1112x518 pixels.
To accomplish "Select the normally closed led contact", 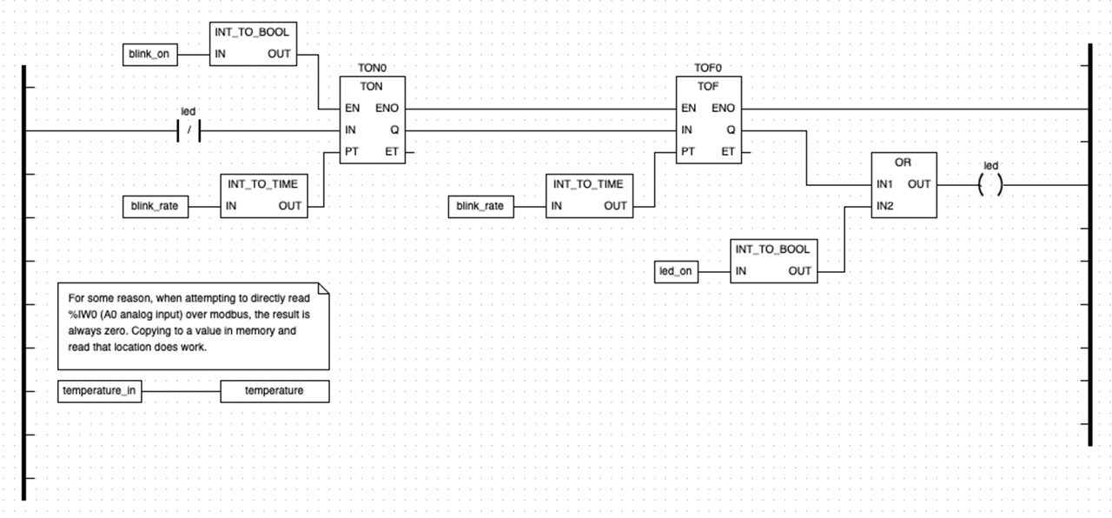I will pyautogui.click(x=189, y=131).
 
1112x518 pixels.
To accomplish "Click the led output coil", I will pyautogui.click(x=990, y=184).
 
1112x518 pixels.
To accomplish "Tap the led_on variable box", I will pyautogui.click(x=676, y=272).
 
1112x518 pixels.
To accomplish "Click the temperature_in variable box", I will pyautogui.click(x=99, y=391).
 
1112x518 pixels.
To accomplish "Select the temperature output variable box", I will pyautogui.click(x=275, y=391).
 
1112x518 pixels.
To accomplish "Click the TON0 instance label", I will pyautogui.click(x=371, y=68).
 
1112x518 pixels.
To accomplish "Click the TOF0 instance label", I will pyautogui.click(x=708, y=68).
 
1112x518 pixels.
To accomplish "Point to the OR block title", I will pyautogui.click(x=903, y=163).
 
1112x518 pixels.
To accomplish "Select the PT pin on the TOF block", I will pyautogui.click(x=688, y=152).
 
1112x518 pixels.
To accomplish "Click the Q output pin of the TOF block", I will pyautogui.click(x=731, y=130).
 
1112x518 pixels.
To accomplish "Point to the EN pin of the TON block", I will pyautogui.click(x=352, y=109).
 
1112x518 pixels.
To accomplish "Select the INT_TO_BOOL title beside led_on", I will pyautogui.click(x=772, y=249).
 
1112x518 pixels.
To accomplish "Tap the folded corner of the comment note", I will pyautogui.click(x=323, y=289).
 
